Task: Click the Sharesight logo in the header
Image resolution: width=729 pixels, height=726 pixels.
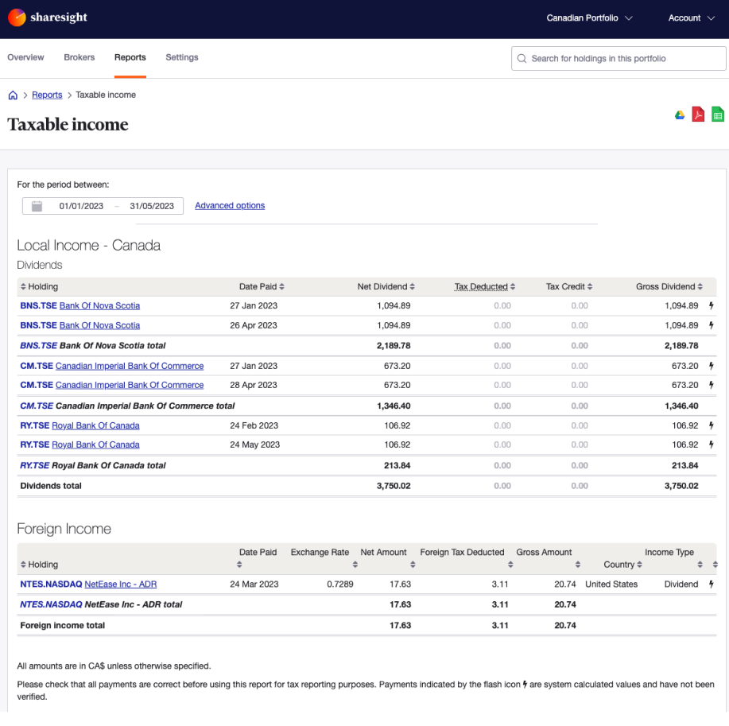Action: click(x=48, y=17)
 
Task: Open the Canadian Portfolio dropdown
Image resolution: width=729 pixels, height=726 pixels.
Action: click(x=589, y=18)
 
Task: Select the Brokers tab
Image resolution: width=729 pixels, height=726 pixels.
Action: click(x=79, y=57)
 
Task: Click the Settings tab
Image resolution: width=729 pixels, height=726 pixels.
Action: click(x=182, y=57)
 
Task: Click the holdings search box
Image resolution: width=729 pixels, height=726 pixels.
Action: click(x=618, y=59)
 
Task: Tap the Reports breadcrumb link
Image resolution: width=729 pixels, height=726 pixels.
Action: click(x=47, y=95)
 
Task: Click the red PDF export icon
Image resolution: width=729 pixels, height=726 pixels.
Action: click(x=699, y=115)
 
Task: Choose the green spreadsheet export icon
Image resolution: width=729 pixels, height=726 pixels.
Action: click(x=718, y=115)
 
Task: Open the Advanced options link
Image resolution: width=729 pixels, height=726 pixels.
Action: click(x=230, y=205)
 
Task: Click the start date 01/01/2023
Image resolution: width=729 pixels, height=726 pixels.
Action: click(x=81, y=206)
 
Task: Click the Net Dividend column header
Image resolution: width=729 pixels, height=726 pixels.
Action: click(x=382, y=286)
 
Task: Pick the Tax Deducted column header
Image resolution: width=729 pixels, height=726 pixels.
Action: click(x=481, y=286)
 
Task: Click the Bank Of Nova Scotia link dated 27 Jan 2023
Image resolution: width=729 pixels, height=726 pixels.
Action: click(x=99, y=305)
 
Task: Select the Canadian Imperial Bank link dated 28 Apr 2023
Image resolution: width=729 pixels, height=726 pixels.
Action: click(x=130, y=385)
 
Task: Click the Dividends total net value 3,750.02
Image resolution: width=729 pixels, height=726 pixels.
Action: click(x=394, y=486)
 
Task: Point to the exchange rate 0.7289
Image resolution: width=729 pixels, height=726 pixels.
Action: click(x=340, y=584)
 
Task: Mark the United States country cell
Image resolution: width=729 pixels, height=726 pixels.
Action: click(x=611, y=584)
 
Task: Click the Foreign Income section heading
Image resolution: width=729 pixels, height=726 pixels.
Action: click(x=64, y=529)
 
